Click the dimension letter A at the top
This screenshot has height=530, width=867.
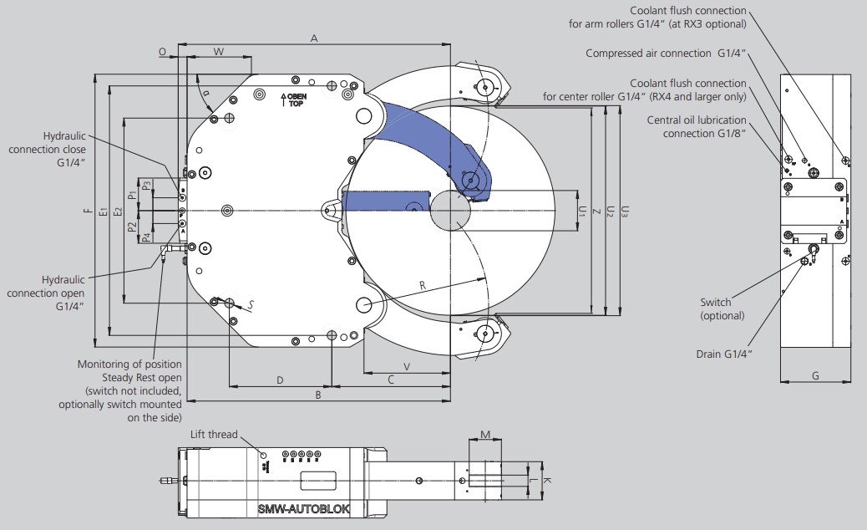pyautogui.click(x=314, y=38)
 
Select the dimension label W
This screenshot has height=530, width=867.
pyautogui.click(x=218, y=52)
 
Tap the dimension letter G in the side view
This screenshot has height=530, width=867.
pyautogui.click(x=815, y=375)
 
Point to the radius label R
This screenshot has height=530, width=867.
pyautogui.click(x=423, y=286)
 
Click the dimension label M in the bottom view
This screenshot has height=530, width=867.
pyautogui.click(x=485, y=435)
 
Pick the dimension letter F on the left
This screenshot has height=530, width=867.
pyautogui.click(x=88, y=210)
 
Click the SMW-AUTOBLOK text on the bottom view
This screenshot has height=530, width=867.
pyautogui.click(x=303, y=508)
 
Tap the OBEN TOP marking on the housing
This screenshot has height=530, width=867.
pyautogui.click(x=294, y=100)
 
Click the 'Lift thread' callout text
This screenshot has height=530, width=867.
pyautogui.click(x=214, y=435)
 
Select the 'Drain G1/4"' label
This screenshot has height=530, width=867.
pyautogui.click(x=724, y=354)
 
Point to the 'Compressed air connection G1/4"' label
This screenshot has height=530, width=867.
pyautogui.click(x=667, y=54)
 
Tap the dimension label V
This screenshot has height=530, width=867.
pyautogui.click(x=407, y=367)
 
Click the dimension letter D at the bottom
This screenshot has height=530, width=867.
pyautogui.click(x=280, y=380)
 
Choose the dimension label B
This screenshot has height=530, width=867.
pyautogui.click(x=318, y=395)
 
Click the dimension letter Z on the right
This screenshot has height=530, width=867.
pyautogui.click(x=596, y=211)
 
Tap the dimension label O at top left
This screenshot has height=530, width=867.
pyautogui.click(x=162, y=52)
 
